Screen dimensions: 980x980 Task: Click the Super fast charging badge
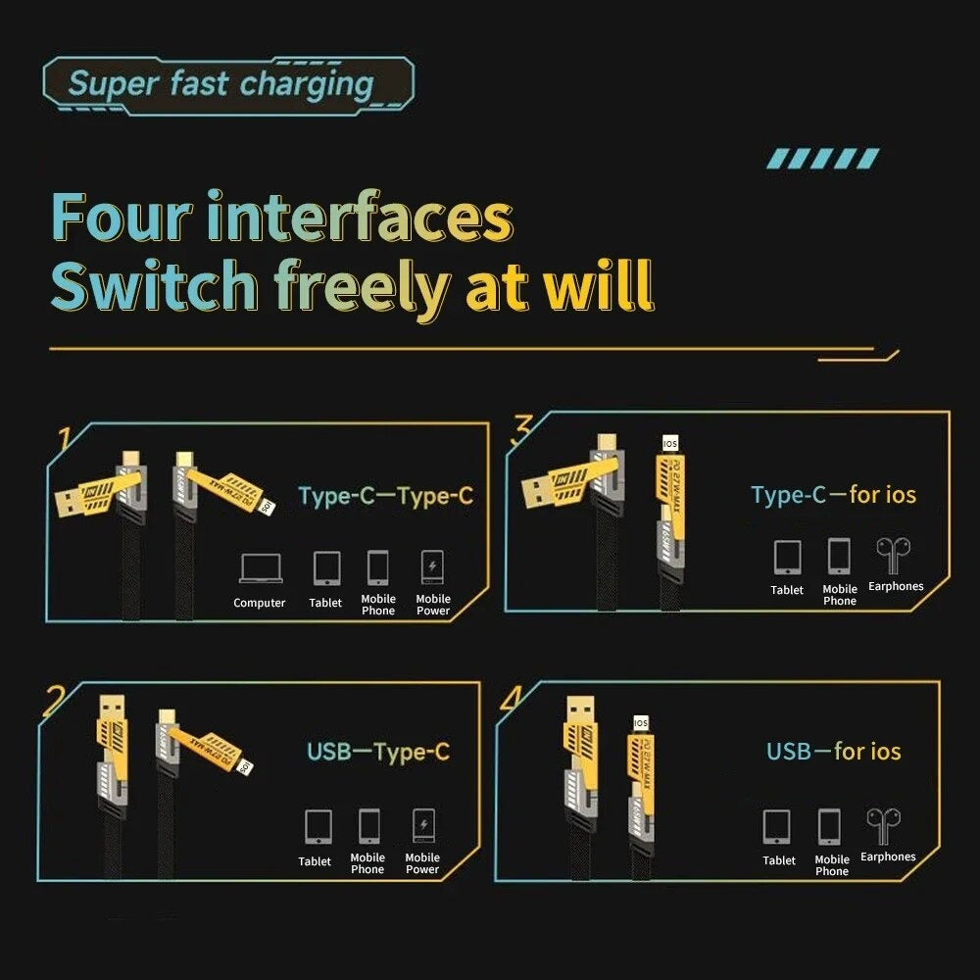click(227, 84)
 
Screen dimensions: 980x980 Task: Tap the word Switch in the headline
click(154, 286)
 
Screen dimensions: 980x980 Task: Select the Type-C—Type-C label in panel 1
click(385, 496)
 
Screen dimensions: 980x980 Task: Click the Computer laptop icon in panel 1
click(260, 568)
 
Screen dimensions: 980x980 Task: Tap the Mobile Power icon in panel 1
click(432, 567)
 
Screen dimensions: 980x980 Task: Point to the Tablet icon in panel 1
click(326, 567)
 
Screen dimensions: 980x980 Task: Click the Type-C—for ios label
click(833, 495)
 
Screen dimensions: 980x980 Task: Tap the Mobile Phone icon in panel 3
click(839, 557)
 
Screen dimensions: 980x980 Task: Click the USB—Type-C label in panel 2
click(378, 753)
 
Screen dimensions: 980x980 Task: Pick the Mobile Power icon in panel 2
click(423, 826)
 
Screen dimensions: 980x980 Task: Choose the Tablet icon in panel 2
click(318, 826)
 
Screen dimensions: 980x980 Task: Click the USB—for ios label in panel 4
click(833, 752)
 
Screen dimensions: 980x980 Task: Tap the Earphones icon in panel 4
click(883, 826)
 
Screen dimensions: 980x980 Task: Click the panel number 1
click(64, 438)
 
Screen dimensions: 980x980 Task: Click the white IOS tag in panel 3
click(670, 443)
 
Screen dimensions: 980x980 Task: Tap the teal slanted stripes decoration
click(822, 159)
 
